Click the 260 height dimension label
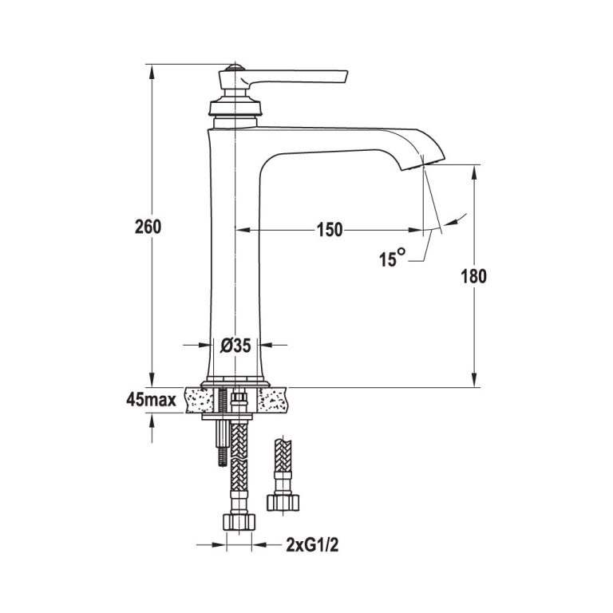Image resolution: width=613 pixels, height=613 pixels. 148,227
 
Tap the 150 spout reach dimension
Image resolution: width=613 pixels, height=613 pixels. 330,230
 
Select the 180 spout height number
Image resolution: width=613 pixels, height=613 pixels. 474,276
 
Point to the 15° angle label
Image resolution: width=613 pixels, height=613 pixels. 392,258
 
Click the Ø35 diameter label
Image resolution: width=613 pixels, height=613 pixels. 235,345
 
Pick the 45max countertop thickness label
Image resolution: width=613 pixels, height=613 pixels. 151,400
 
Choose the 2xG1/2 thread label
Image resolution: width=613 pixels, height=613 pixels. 312,545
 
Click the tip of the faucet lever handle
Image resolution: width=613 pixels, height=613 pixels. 346,76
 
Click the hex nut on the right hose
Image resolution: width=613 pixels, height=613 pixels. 283,503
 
